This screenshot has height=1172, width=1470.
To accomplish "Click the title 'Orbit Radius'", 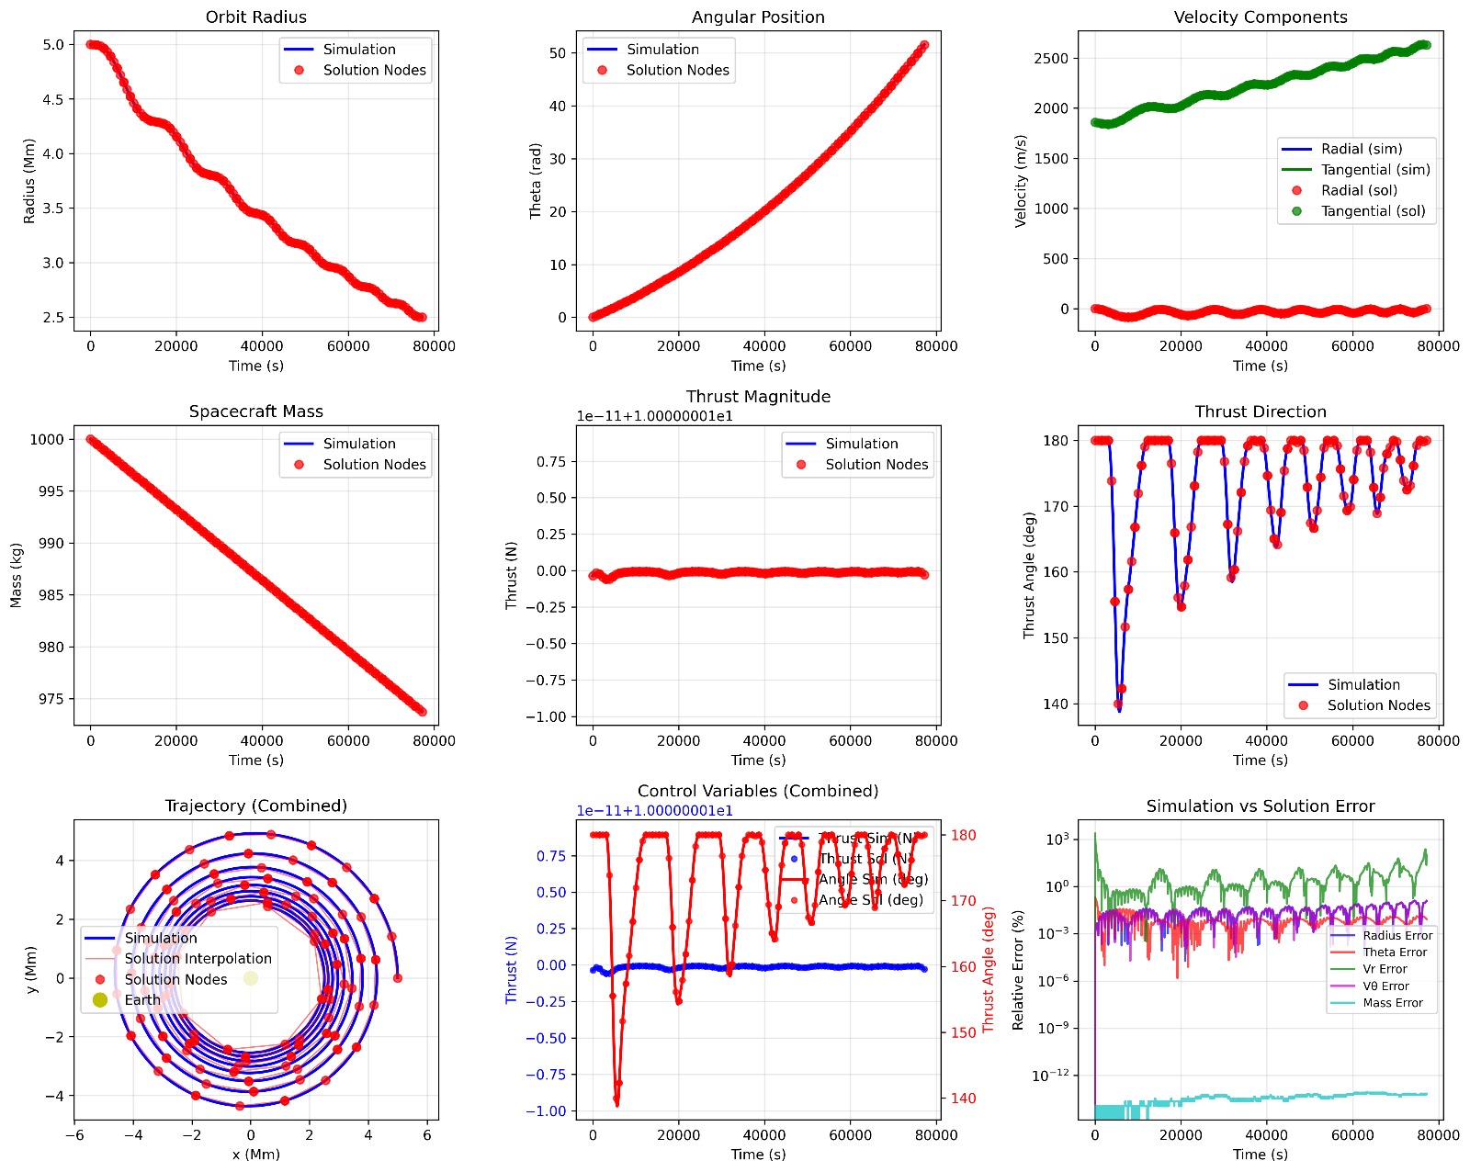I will pos(255,17).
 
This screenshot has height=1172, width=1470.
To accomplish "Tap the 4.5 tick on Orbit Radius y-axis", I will pos(52,99).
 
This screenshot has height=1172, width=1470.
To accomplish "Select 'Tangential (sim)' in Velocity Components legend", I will pos(1374,170).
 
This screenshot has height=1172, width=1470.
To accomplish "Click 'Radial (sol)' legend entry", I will pos(1358,190).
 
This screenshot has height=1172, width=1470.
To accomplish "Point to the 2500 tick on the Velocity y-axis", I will pos(1051,59).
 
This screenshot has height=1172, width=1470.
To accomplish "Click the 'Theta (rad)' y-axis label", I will pos(536,181).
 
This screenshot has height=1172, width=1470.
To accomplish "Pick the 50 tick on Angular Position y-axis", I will pos(558,53).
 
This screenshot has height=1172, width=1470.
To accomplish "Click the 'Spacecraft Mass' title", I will pos(255,411).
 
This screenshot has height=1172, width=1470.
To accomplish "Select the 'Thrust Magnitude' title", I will pos(758,397).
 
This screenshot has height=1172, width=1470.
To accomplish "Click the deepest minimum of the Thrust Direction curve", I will pos(1119,710).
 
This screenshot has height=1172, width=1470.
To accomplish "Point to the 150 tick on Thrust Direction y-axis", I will pos(1056,638).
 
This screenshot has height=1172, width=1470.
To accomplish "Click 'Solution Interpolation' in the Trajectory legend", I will pos(198,959).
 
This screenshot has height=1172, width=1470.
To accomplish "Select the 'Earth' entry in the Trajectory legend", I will pos(142,1000).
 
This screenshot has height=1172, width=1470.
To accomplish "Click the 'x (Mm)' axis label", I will pos(255,1155).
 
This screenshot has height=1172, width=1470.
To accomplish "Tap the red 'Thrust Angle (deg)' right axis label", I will pos(989,970).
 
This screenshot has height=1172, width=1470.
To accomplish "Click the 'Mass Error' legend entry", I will pos(1392,1003).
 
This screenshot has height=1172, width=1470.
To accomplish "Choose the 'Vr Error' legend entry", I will pos(1385,969).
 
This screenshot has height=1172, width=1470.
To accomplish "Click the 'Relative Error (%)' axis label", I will pos(1018,970).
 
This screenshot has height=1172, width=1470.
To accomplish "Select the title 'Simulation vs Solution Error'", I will pos(1260,806).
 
